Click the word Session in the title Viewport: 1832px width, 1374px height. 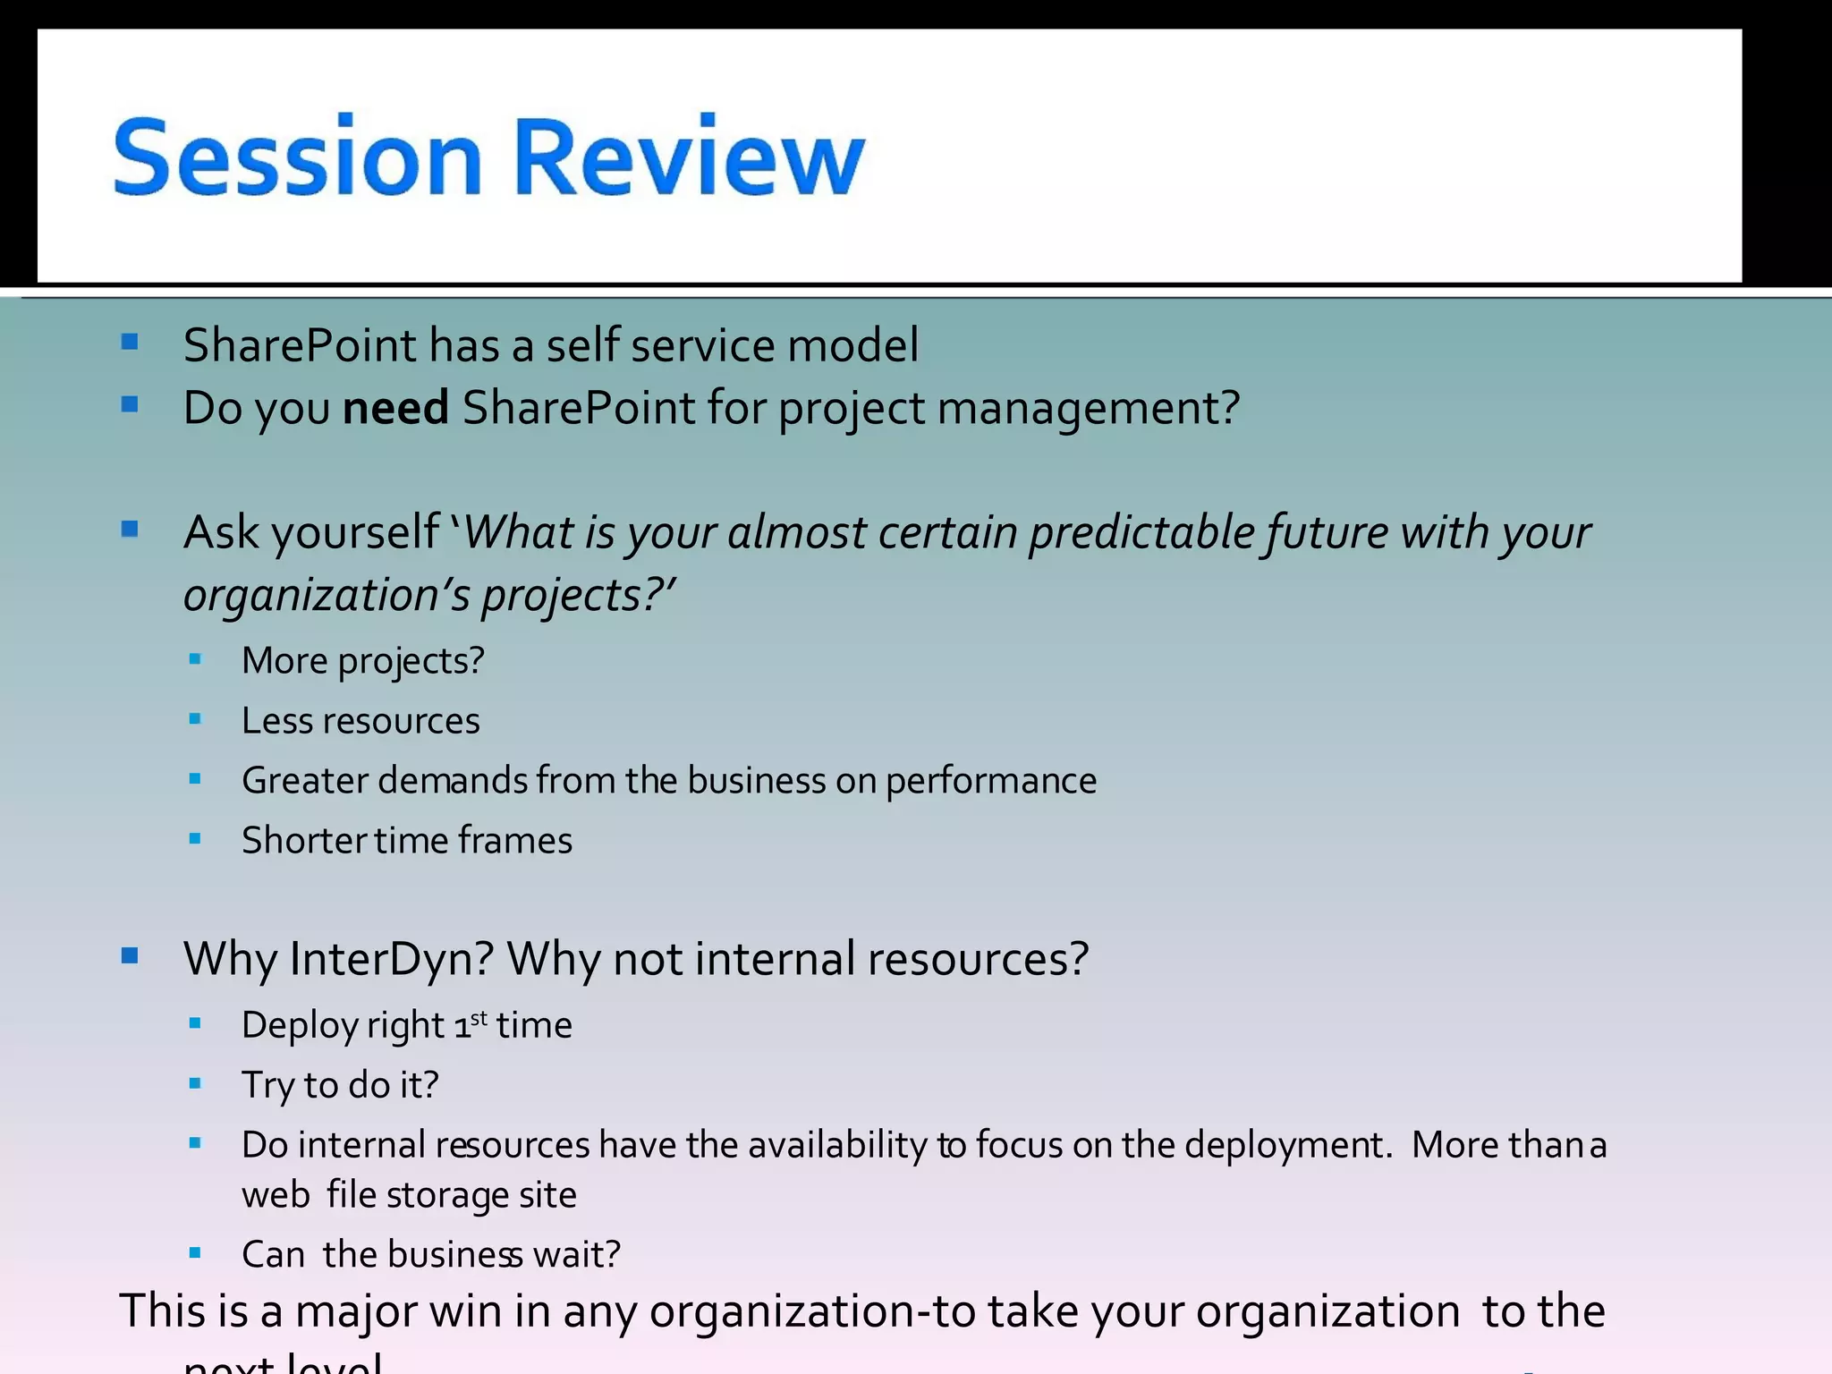[298, 157]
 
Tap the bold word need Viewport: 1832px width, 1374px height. [395, 408]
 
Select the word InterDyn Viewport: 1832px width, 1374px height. [392, 959]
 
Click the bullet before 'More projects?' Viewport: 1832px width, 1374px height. [196, 660]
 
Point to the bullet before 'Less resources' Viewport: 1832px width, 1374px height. [196, 719]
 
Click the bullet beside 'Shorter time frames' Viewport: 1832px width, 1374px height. [196, 839]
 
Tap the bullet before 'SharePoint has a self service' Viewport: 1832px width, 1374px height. [130, 342]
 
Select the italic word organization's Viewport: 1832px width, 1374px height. [327, 596]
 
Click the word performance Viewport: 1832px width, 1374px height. [991, 782]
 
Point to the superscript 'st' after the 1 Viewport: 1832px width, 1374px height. [479, 1018]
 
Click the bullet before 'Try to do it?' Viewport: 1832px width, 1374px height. [196, 1084]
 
